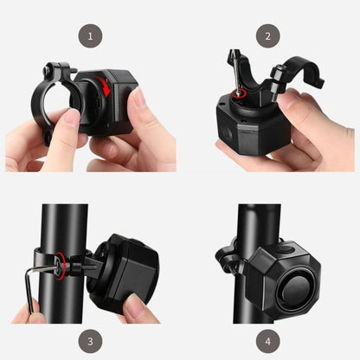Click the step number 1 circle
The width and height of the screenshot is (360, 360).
[90, 36]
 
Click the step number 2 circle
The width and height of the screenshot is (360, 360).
[268, 36]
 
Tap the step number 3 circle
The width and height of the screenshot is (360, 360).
[90, 341]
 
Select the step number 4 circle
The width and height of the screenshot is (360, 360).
[268, 341]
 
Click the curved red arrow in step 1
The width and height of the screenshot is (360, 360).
[106, 85]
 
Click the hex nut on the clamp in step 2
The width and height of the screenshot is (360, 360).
[278, 70]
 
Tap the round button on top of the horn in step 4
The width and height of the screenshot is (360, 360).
[286, 248]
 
